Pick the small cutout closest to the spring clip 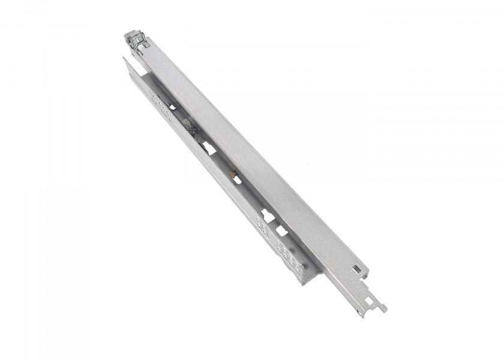[172, 107]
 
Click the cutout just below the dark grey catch [207, 146]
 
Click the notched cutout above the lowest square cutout [268, 213]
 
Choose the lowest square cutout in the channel [280, 231]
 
